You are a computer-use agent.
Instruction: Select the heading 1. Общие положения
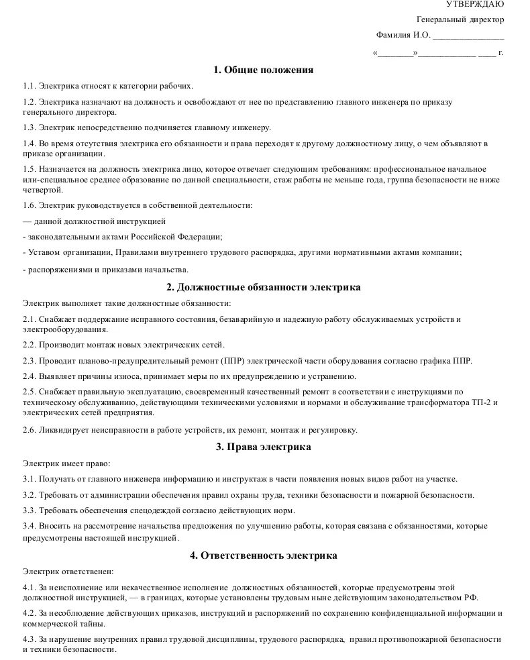coord(264,70)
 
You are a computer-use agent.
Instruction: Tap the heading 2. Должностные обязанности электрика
coord(264,287)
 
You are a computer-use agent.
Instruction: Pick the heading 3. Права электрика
coord(264,447)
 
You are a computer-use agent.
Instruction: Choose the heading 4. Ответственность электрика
coord(264,555)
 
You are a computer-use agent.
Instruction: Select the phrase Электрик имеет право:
coord(66,463)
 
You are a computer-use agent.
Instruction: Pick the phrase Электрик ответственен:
coord(68,572)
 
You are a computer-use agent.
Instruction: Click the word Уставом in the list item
coord(45,253)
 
